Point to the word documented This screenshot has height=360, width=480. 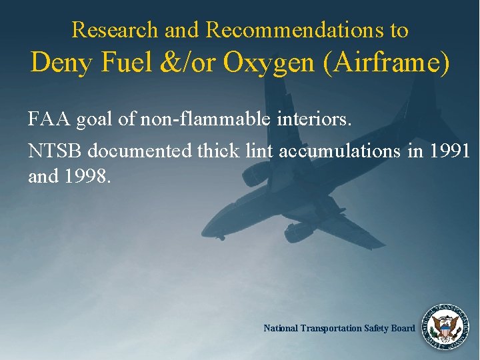[x=140, y=151]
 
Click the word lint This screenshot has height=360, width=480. [x=261, y=151]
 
